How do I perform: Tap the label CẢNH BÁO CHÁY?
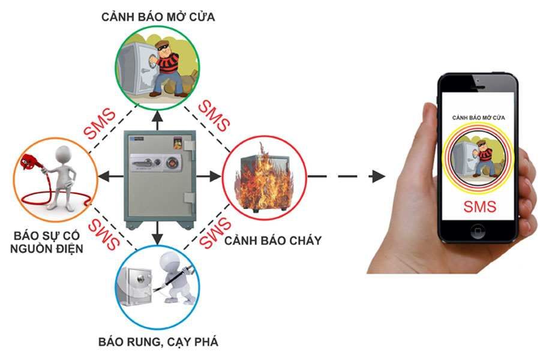coord(273,241)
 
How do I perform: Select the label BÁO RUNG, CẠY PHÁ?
coord(158,343)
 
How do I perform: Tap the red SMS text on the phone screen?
coord(479,207)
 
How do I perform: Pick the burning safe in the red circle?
coord(262,178)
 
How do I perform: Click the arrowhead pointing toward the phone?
coord(377,176)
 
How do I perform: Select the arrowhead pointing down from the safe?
coord(157,239)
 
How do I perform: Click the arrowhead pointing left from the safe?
coord(103,176)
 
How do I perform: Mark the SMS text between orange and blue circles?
coord(102,233)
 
